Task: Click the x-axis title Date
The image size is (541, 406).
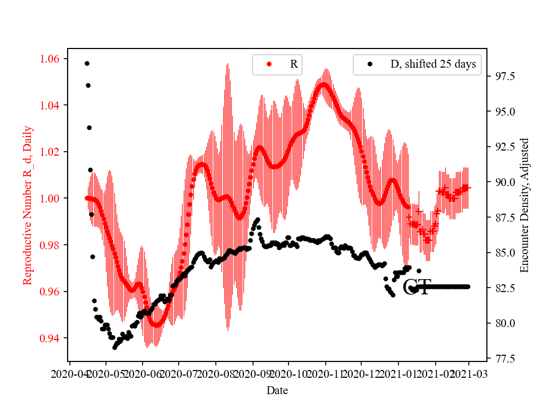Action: tap(278, 390)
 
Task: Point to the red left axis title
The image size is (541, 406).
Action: tap(28, 205)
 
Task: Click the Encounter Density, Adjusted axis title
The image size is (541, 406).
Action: tap(525, 205)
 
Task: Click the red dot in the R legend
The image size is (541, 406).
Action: tap(269, 64)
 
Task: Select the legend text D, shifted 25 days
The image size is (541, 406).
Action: tap(433, 64)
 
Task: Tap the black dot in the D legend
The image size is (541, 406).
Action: tap(370, 64)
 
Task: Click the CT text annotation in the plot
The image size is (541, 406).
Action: tap(417, 287)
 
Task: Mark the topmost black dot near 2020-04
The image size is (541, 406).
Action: tap(87, 63)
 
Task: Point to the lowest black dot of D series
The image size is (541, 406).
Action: tap(114, 347)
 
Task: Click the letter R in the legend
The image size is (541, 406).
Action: tap(294, 64)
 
